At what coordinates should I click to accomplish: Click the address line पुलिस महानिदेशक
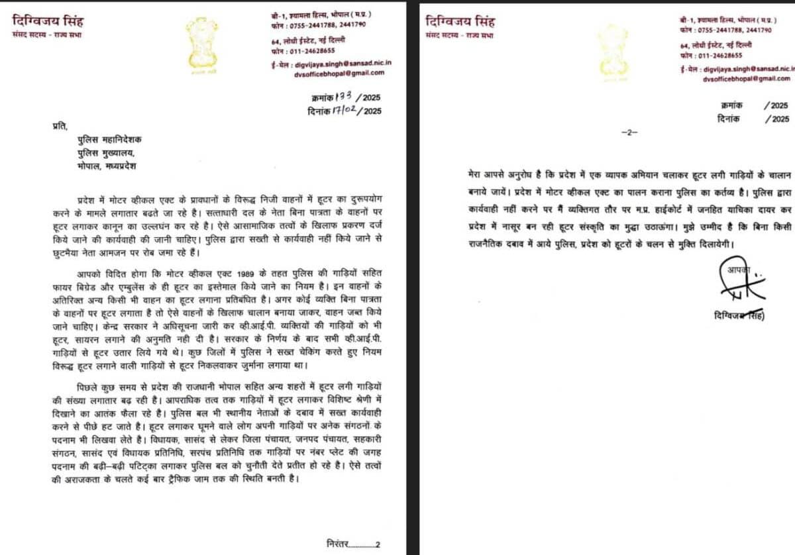pyautogui.click(x=106, y=140)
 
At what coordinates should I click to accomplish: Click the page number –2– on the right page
pyautogui.click(x=629, y=133)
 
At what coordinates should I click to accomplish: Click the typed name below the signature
pyautogui.click(x=735, y=316)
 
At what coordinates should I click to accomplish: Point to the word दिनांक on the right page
pyautogui.click(x=729, y=119)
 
